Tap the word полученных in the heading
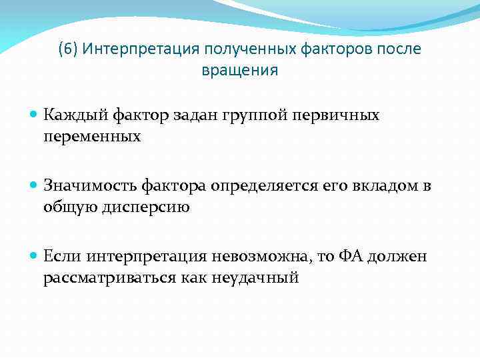(x=242, y=49)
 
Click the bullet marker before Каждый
(x=35, y=115)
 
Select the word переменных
(x=92, y=137)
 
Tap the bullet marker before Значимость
(x=35, y=186)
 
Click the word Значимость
(x=83, y=185)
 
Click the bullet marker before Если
(x=35, y=257)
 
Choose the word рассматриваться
(x=109, y=278)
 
